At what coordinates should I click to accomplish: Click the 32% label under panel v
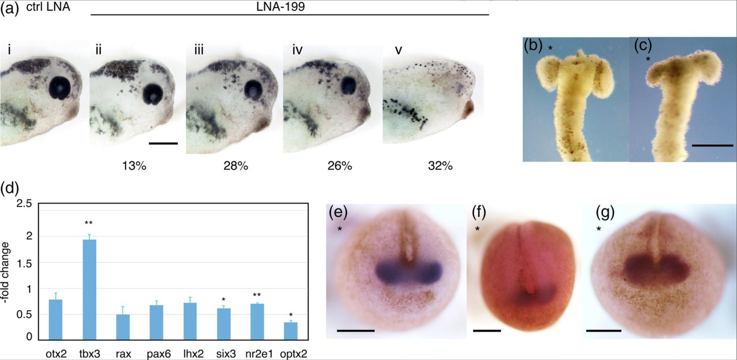tap(440, 166)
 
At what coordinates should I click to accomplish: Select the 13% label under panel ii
tap(134, 166)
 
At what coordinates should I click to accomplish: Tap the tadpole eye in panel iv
tap(348, 86)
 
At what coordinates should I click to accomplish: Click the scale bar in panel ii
tap(163, 143)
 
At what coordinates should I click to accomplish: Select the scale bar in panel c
tap(712, 146)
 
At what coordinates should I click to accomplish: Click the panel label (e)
tap(337, 213)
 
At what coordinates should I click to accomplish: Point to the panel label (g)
tap(605, 213)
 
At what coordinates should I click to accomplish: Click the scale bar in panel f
tap(487, 331)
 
